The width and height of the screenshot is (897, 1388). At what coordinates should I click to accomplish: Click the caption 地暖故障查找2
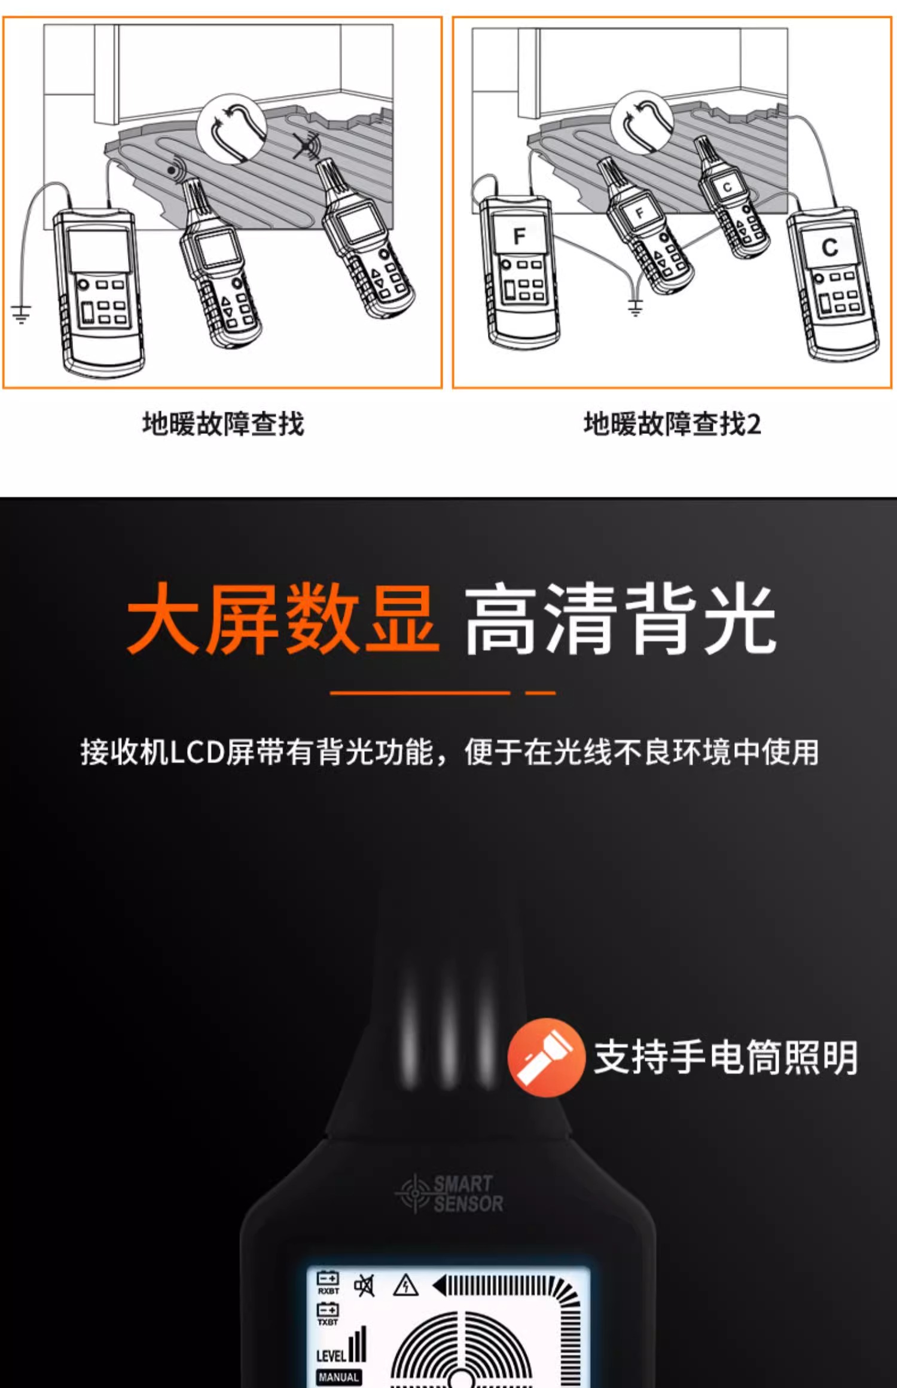pyautogui.click(x=672, y=424)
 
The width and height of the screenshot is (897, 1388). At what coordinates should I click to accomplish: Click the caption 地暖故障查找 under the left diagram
pyautogui.click(x=223, y=424)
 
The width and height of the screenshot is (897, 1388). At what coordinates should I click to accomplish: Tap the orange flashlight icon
pyautogui.click(x=545, y=1057)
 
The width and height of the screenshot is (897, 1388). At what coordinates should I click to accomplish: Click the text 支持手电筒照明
pyautogui.click(x=726, y=1057)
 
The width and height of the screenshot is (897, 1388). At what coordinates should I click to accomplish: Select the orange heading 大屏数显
pyautogui.click(x=283, y=618)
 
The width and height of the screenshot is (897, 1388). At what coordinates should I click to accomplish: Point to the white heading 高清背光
pyautogui.click(x=621, y=618)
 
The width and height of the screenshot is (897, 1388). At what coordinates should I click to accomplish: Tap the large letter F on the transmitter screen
pyautogui.click(x=519, y=237)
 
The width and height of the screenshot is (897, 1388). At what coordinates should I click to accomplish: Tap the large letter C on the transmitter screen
pyautogui.click(x=829, y=247)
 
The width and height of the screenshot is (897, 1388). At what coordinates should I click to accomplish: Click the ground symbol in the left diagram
pyautogui.click(x=21, y=313)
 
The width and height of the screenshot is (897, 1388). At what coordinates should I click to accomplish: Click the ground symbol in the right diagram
pyautogui.click(x=635, y=307)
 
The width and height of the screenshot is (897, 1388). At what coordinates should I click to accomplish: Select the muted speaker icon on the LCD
pyautogui.click(x=364, y=1285)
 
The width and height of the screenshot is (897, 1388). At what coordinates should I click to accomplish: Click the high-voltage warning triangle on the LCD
pyautogui.click(x=405, y=1285)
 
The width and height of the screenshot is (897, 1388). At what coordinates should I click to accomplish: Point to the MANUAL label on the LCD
pyautogui.click(x=338, y=1377)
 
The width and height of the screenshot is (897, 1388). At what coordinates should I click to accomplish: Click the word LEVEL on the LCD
pyautogui.click(x=331, y=1355)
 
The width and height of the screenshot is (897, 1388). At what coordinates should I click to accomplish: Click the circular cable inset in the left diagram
pyautogui.click(x=231, y=129)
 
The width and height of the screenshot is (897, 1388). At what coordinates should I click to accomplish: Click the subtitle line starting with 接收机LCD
pyautogui.click(x=450, y=751)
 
